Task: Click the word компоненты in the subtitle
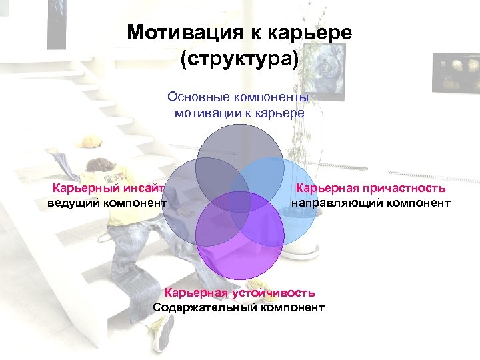(270, 97)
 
